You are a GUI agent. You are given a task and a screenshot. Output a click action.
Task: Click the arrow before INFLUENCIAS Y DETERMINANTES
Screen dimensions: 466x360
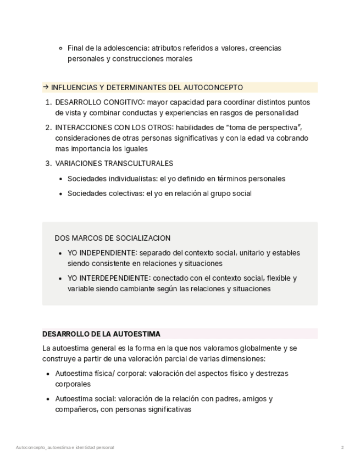click(x=46, y=87)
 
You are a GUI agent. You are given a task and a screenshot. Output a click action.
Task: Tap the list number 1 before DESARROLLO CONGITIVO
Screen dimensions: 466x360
click(x=48, y=102)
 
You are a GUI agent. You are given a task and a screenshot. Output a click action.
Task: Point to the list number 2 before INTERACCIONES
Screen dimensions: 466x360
click(x=48, y=127)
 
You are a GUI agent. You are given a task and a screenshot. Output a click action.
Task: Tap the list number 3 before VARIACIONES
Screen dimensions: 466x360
click(x=48, y=163)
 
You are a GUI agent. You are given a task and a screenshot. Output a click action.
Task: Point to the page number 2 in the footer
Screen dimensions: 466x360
click(x=342, y=448)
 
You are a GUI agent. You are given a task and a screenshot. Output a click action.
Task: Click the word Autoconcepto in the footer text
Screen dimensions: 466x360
click(x=31, y=448)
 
